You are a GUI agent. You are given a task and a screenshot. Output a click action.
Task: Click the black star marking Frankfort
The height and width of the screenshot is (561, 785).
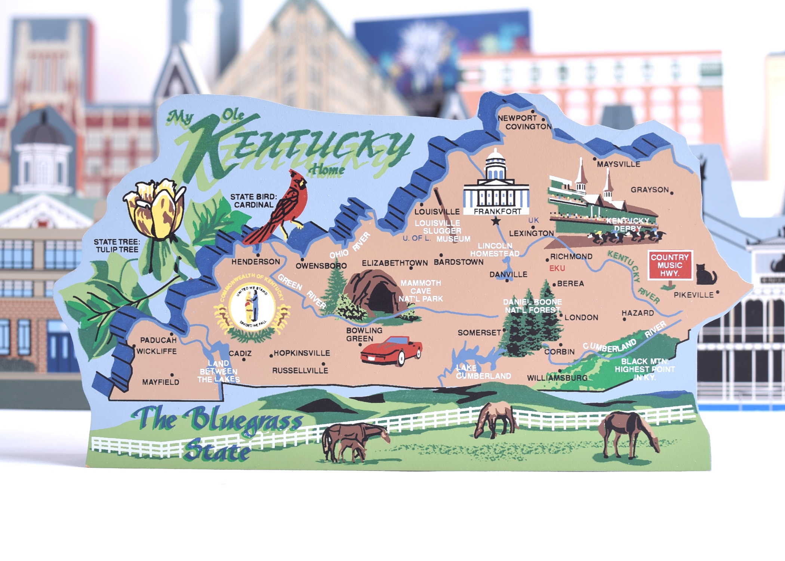click(x=496, y=221)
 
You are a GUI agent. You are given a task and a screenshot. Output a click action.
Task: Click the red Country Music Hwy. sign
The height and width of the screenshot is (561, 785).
click(x=669, y=265)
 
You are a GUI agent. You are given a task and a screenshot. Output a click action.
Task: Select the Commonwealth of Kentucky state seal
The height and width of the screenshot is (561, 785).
click(x=253, y=305)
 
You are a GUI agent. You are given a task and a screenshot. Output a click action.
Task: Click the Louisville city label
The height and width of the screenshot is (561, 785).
click(x=437, y=212)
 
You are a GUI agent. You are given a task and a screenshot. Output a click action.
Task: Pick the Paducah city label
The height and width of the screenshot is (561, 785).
click(x=158, y=340)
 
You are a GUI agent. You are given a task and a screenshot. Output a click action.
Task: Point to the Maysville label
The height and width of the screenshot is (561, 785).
click(x=618, y=164)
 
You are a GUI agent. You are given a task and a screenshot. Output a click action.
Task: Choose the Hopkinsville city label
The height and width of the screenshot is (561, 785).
click(x=302, y=353)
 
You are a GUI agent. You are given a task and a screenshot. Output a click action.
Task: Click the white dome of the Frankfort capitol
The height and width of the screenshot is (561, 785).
click(x=496, y=159)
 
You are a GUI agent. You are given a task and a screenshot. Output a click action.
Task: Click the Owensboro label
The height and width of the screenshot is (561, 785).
click(x=321, y=266)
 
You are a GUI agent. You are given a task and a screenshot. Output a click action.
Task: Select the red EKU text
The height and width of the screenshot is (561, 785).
click(x=557, y=268)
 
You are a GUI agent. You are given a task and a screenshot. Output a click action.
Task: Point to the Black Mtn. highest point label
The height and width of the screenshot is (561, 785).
click(x=645, y=369)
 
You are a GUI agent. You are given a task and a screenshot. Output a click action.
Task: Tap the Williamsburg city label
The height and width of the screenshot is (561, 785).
click(x=557, y=378)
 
